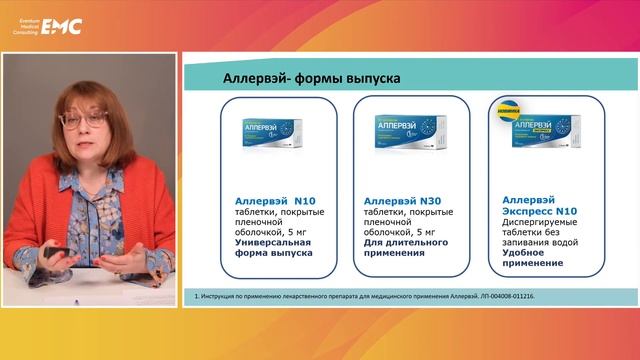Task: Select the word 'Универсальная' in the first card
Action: click(268, 242)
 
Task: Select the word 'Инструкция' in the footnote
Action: click(215, 297)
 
